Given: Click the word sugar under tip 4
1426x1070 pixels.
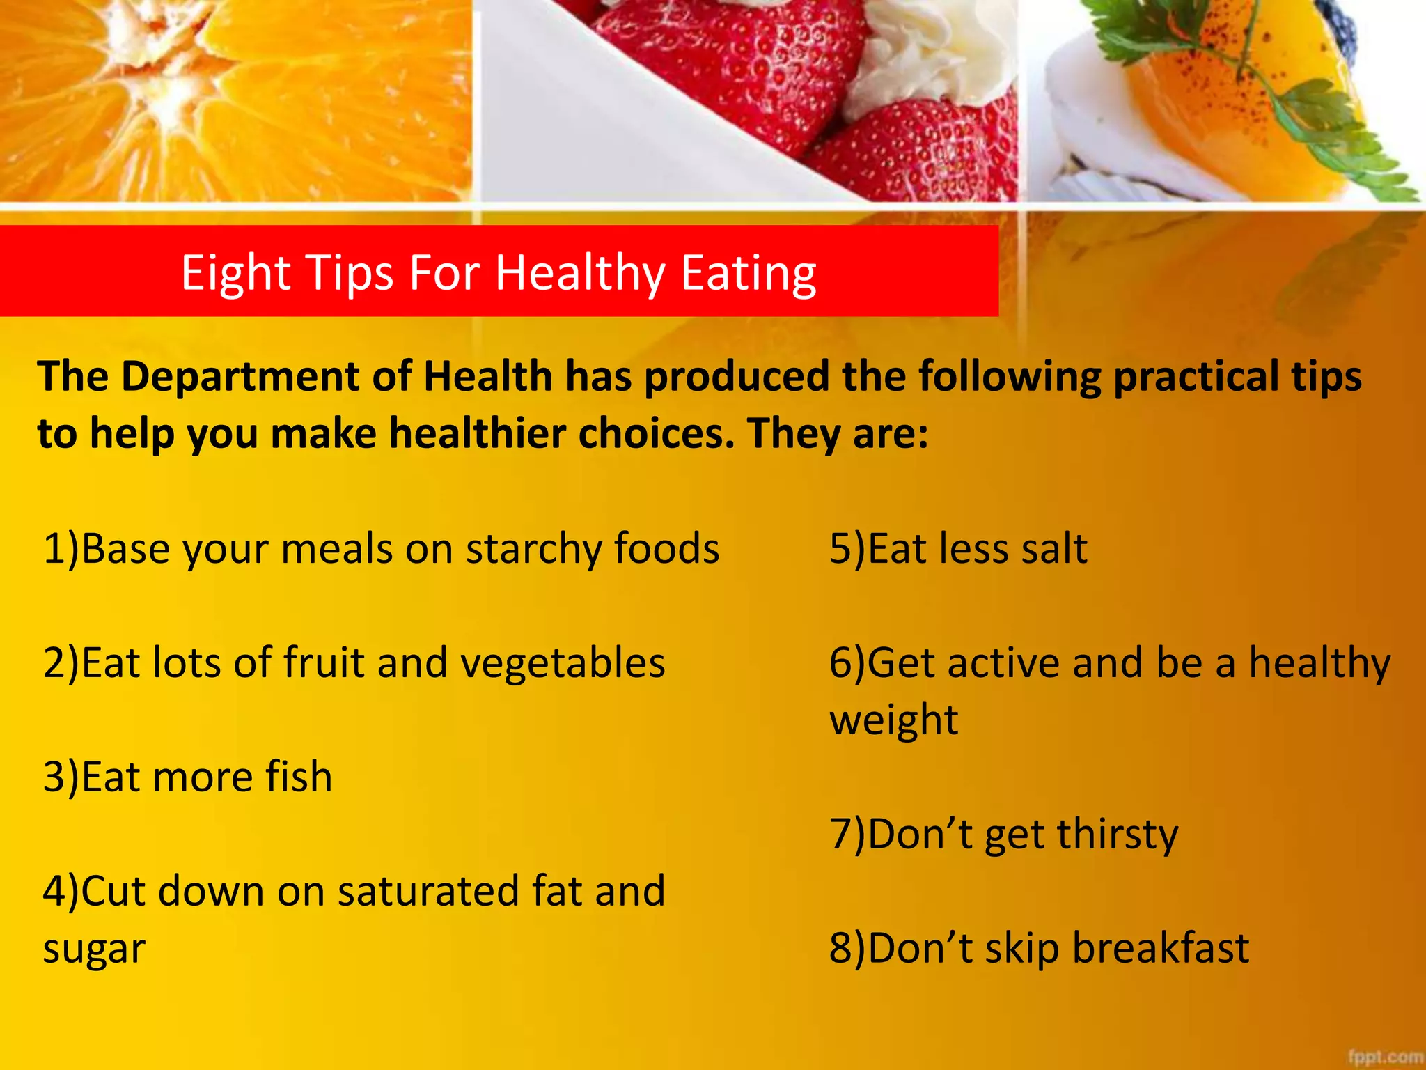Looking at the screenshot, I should [94, 949].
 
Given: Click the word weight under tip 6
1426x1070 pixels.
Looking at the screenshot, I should [893, 720].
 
